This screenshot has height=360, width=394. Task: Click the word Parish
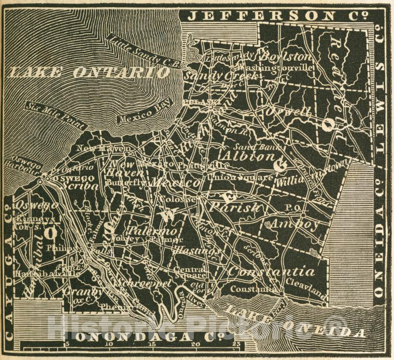233,206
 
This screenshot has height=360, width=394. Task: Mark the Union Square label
240,177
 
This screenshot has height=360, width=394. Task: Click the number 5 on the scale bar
66,343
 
